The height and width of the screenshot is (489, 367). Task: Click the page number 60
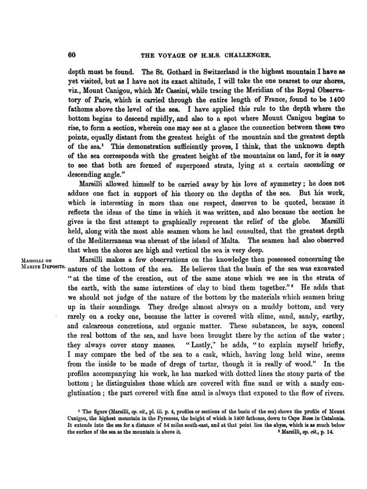[72, 55]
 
